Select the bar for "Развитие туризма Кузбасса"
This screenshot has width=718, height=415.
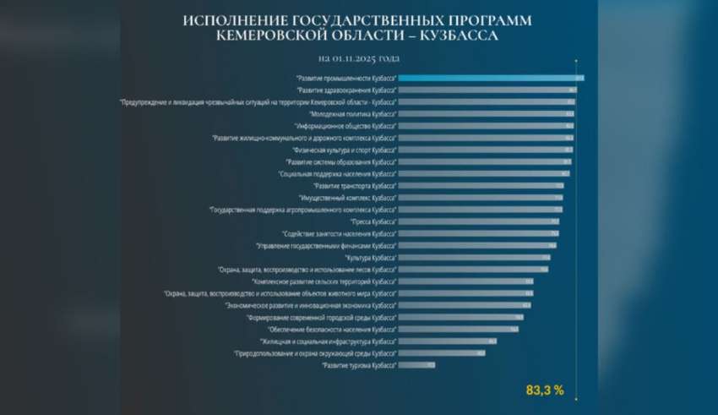[x=416, y=365]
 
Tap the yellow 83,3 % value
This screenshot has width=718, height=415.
[x=545, y=390]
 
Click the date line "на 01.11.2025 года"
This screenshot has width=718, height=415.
[x=358, y=58]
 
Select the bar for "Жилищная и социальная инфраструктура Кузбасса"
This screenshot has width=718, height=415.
[x=447, y=341]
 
